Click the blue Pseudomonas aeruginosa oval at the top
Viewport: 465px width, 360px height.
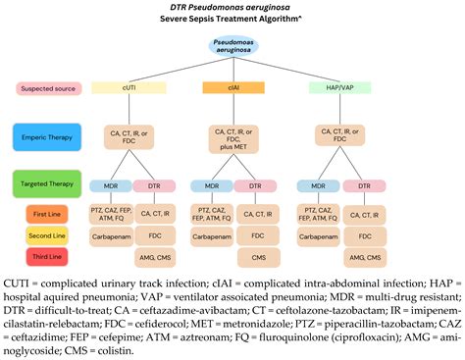coord(232,50)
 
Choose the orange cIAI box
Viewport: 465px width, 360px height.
coord(232,88)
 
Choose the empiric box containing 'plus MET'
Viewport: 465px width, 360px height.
coord(232,139)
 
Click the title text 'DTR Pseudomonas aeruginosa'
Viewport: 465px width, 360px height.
coord(232,7)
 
